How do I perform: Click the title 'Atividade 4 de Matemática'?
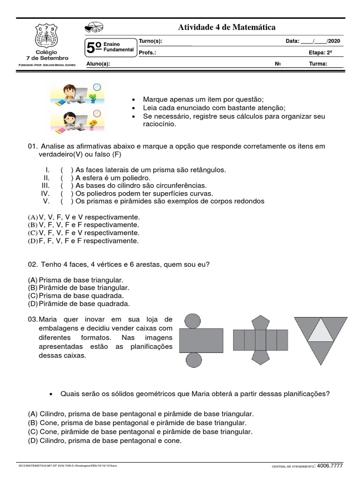(226, 28)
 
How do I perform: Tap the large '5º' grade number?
(94, 48)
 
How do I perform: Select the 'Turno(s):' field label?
(150, 41)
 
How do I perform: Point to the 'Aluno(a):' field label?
(98, 64)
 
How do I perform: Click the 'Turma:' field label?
(318, 64)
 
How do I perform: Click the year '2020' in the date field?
(334, 41)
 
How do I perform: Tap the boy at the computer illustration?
(76, 93)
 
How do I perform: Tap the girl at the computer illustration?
(76, 120)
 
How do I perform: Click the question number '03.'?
(32, 319)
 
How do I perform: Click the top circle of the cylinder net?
(193, 322)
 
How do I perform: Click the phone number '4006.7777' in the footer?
(330, 466)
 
